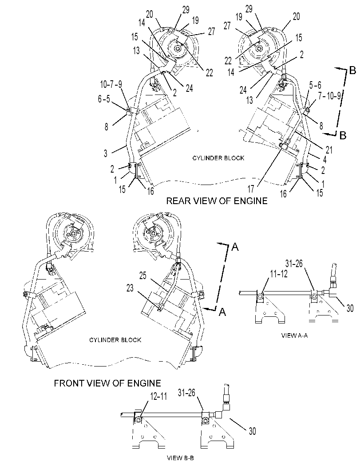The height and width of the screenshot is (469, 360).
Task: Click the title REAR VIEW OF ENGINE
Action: pos(217,201)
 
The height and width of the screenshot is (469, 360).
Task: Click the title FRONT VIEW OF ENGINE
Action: pos(107,383)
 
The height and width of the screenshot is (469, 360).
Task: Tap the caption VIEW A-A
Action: pos(294,335)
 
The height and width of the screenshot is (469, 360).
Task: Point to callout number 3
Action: pos(105,154)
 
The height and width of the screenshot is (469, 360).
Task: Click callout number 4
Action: pos(324,159)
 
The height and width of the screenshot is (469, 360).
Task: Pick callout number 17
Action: pos(251,189)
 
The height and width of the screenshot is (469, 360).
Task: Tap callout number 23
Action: pos(130,288)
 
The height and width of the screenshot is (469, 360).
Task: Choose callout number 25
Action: pos(143,275)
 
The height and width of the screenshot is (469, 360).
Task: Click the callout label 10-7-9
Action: pos(111,85)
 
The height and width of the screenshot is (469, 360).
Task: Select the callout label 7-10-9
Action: pos(329,96)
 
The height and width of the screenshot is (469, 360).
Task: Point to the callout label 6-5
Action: pos(104,99)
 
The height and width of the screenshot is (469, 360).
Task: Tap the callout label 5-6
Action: pos(315,85)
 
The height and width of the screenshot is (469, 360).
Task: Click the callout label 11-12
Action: pos(279,274)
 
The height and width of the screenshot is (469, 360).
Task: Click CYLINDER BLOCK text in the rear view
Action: pos(218,158)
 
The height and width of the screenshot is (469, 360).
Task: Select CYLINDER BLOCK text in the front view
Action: pos(115,340)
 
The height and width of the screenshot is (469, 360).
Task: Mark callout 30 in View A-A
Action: pos(350,308)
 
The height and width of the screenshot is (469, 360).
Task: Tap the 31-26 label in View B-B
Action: pos(187,393)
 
